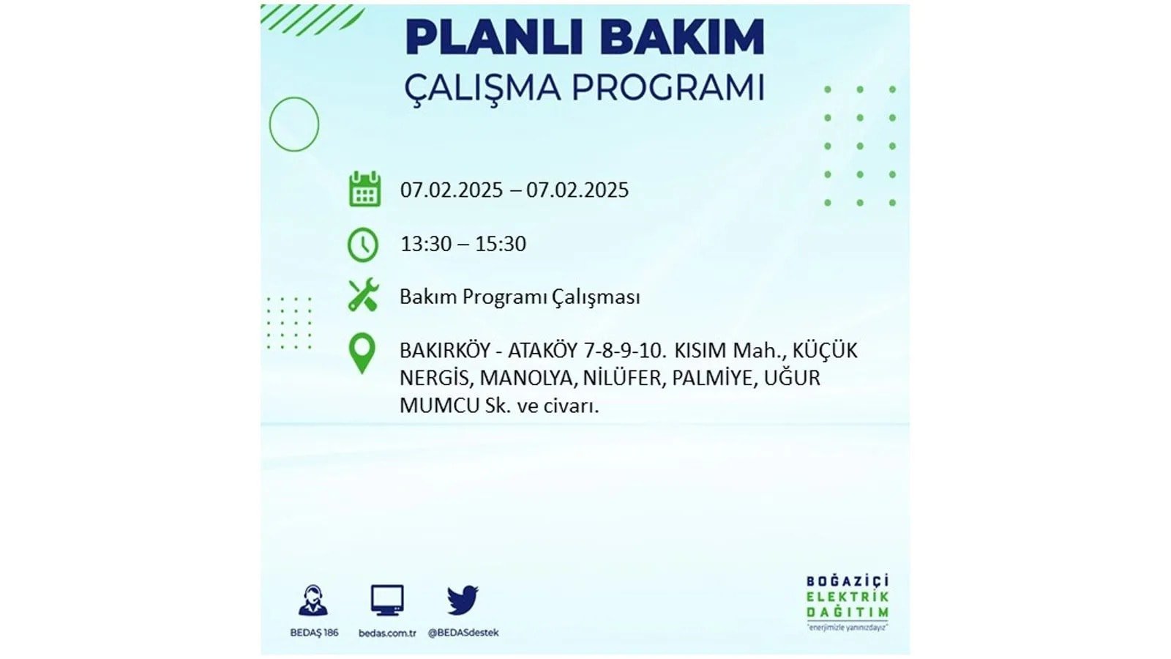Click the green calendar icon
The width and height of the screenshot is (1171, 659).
(364, 189)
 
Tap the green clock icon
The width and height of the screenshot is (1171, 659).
(363, 245)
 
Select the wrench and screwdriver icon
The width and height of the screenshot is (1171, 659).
(363, 295)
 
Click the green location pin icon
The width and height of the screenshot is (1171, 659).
(362, 354)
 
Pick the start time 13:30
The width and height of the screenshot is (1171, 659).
(427, 244)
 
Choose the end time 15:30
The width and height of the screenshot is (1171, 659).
(501, 244)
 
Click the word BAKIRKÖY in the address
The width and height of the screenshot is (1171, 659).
(445, 350)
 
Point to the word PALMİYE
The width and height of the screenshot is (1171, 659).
(714, 378)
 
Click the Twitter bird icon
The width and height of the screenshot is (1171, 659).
(463, 600)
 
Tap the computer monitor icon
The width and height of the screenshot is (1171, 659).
(387, 600)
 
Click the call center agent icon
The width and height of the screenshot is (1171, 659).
(314, 600)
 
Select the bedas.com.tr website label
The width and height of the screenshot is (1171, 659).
(387, 633)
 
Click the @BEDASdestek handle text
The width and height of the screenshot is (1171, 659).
(463, 633)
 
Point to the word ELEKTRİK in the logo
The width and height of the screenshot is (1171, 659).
(848, 597)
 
